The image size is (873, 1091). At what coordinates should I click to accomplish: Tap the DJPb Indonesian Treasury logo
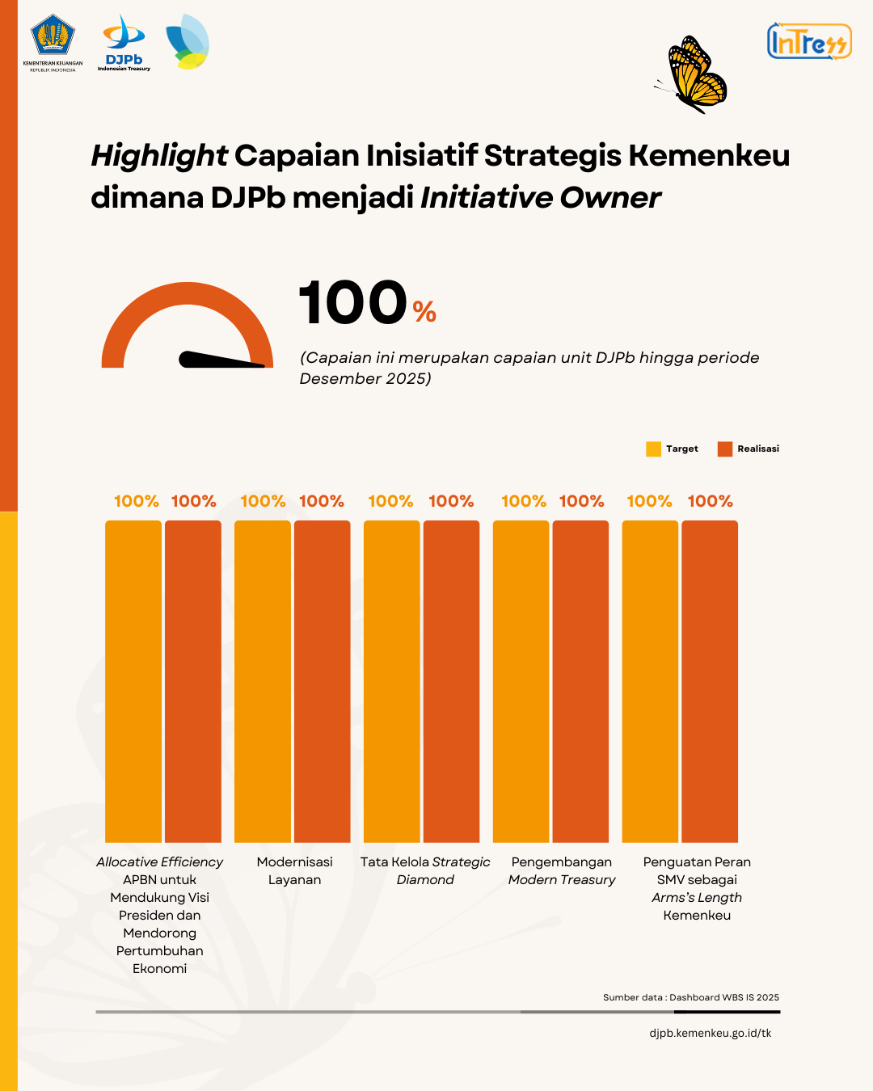click(x=124, y=43)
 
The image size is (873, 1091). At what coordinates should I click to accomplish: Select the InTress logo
click(x=808, y=41)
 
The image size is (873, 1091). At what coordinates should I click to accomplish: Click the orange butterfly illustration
click(x=694, y=74)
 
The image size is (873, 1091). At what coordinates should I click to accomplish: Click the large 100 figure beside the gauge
click(x=353, y=304)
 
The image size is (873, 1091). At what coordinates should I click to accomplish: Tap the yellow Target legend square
click(x=653, y=449)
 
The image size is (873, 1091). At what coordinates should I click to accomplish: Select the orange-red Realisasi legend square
click(x=724, y=449)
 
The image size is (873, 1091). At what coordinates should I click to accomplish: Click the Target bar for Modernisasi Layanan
click(x=262, y=680)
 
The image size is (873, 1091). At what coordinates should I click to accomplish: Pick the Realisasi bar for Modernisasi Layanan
click(x=322, y=680)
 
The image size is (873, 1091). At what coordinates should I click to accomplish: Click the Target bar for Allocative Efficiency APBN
click(x=133, y=680)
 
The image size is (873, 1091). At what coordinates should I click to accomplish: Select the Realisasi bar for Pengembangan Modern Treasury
click(x=580, y=680)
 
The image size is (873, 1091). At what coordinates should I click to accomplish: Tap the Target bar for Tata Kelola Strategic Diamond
click(x=391, y=680)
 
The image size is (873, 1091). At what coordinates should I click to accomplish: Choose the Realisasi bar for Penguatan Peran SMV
click(x=710, y=680)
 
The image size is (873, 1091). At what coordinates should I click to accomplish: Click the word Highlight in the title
click(x=159, y=156)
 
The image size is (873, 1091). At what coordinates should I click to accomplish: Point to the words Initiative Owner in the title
click(x=540, y=198)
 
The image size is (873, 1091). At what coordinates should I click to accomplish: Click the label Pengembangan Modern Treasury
click(x=562, y=871)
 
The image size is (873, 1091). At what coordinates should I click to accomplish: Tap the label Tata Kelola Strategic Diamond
click(x=425, y=871)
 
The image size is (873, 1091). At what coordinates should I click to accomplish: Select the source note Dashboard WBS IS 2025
click(x=691, y=997)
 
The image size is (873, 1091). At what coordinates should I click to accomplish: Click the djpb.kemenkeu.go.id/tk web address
click(x=710, y=1033)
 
